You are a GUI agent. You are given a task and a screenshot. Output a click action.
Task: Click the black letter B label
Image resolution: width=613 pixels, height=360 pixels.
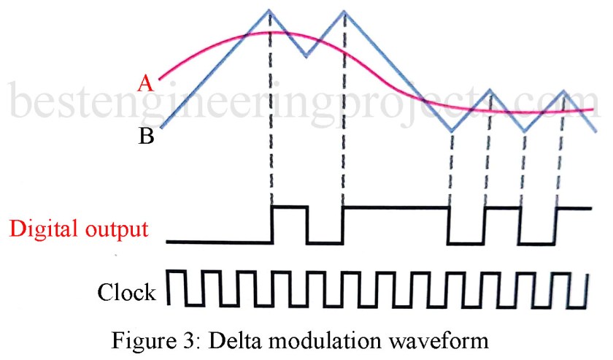click(x=145, y=137)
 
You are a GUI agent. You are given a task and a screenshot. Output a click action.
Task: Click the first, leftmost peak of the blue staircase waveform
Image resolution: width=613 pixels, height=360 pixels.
click(x=270, y=10)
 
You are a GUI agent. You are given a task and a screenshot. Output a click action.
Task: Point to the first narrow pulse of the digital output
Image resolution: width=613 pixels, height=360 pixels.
click(x=289, y=208)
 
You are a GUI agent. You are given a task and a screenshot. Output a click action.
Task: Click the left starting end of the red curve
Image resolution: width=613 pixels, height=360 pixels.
click(x=160, y=77)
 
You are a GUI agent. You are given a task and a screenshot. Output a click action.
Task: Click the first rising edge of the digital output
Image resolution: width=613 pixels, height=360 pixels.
click(x=271, y=224)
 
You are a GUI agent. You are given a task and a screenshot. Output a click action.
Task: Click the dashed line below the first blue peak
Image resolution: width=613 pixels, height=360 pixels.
click(x=271, y=117)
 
